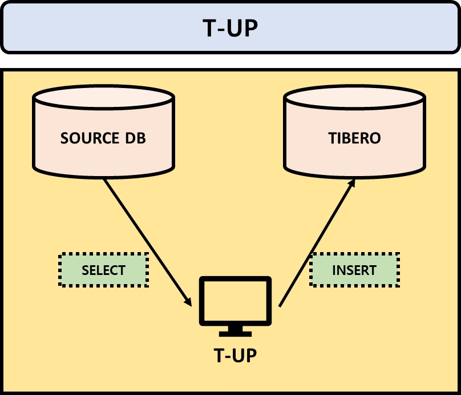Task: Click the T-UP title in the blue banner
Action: click(230, 27)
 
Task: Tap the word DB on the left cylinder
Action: click(134, 138)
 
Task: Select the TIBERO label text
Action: click(354, 138)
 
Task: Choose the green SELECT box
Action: click(103, 270)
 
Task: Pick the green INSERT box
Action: click(354, 270)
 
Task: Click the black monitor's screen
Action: click(234, 301)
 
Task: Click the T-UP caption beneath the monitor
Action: click(235, 356)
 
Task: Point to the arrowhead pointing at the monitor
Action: click(188, 301)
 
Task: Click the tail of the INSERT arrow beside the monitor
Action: click(280, 305)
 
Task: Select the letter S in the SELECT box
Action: click(85, 270)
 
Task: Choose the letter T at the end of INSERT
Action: click(373, 270)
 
